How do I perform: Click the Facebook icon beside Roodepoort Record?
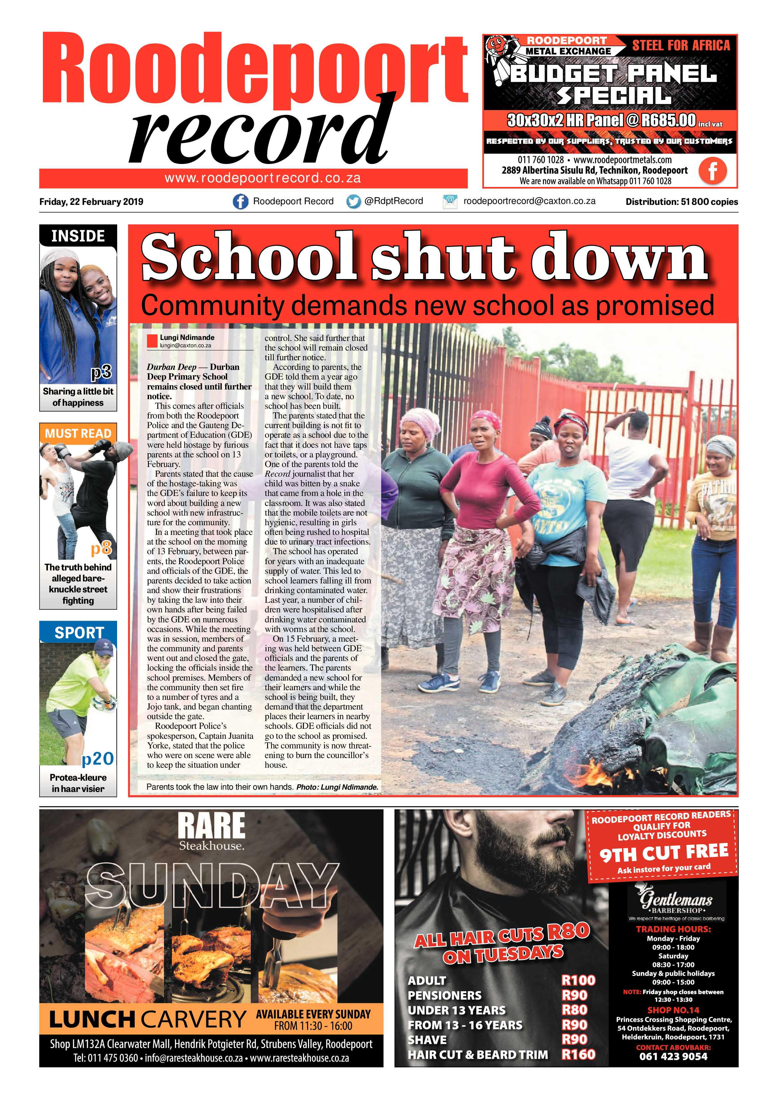(x=240, y=202)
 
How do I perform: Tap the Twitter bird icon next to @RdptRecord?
(x=354, y=202)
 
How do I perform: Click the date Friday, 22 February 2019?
(x=91, y=202)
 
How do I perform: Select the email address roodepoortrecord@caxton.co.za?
(x=529, y=201)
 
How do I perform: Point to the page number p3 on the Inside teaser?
(x=101, y=372)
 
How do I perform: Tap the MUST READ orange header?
(x=78, y=433)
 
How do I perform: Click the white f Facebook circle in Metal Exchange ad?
(x=712, y=171)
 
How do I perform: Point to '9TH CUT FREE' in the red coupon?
(x=664, y=851)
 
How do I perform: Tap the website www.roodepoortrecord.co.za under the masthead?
(x=262, y=179)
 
